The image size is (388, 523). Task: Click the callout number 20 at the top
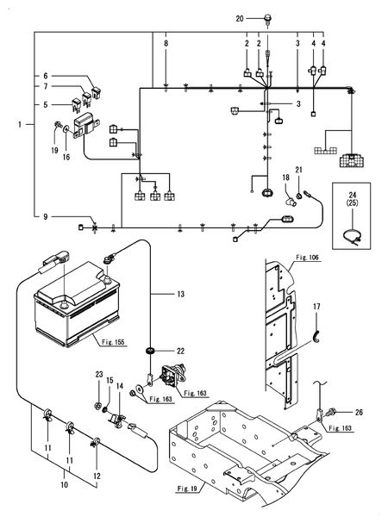tap(240, 19)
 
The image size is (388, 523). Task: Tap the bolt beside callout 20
tap(267, 18)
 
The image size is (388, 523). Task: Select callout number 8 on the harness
tap(166, 43)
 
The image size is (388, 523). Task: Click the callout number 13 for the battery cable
tap(180, 294)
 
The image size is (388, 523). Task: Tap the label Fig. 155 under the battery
tap(113, 342)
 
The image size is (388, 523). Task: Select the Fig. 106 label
tap(307, 258)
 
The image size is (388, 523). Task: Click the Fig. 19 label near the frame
tap(187, 489)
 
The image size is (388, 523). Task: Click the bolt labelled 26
tap(335, 412)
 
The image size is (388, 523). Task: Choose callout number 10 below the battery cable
tap(64, 484)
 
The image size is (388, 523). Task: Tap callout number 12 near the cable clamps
tap(97, 476)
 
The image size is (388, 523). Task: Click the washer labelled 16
tap(66, 128)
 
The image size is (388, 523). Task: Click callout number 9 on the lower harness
tap(46, 217)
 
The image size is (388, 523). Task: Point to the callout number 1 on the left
tap(20, 124)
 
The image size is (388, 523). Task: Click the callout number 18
tap(285, 177)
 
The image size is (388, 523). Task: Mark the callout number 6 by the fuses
tap(46, 76)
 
